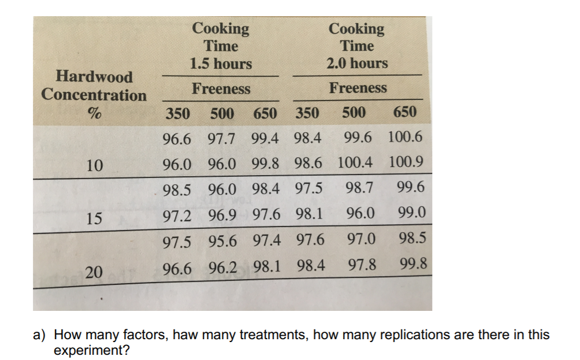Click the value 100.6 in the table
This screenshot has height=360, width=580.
(406, 138)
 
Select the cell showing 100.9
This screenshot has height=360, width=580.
(407, 162)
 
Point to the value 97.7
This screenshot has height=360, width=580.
(221, 138)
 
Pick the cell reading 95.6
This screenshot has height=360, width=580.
(222, 239)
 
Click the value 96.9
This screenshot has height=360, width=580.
(222, 214)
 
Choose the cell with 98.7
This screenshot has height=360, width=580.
(359, 187)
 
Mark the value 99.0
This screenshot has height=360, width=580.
(412, 213)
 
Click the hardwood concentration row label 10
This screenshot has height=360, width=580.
(94, 166)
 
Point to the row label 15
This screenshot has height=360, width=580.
(94, 218)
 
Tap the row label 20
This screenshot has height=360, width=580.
(94, 272)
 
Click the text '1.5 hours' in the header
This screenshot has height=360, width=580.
(221, 64)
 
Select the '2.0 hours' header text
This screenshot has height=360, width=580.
(357, 63)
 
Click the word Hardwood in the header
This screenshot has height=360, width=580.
(94, 77)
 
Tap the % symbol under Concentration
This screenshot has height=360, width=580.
(95, 113)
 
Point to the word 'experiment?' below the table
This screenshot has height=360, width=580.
(91, 350)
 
